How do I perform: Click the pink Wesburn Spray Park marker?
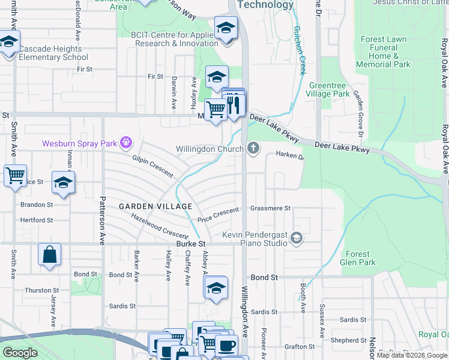pos(125,143)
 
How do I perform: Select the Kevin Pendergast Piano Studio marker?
pos(295,239)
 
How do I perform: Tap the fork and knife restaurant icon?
pos(234,104)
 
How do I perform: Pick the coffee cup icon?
pos(226,346)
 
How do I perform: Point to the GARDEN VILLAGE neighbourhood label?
pos(155,206)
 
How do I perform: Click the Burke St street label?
pos(191,244)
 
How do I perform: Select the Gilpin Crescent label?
pos(152,166)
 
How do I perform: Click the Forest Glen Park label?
pos(358,258)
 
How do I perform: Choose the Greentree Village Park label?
pos(329,89)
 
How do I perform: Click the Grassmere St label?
pos(270,208)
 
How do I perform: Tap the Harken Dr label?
pos(290,155)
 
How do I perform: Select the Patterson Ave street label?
pos(102,219)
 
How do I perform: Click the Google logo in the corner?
pos(20,353)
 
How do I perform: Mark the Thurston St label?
pos(37,290)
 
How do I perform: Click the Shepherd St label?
pos(344,340)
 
